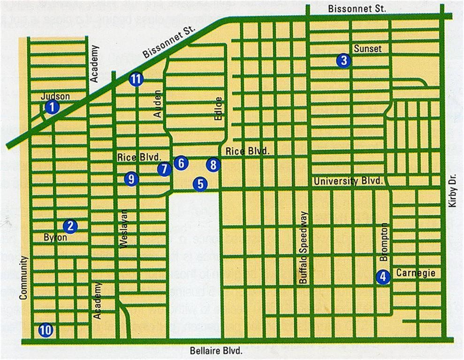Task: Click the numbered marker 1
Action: (x=53, y=107)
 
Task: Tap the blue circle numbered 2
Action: (x=71, y=226)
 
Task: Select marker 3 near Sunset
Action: (x=344, y=60)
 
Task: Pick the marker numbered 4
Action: (x=383, y=277)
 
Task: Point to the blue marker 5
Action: (x=201, y=184)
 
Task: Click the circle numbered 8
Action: (x=213, y=165)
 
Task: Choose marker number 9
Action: (x=131, y=178)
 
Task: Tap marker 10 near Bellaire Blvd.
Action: (x=46, y=330)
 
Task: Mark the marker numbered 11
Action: (x=136, y=79)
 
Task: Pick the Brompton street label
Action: (x=384, y=242)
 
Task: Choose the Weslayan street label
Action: (x=124, y=232)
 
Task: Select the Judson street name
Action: (x=55, y=97)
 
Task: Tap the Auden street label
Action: (x=158, y=104)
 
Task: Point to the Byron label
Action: (x=55, y=237)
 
